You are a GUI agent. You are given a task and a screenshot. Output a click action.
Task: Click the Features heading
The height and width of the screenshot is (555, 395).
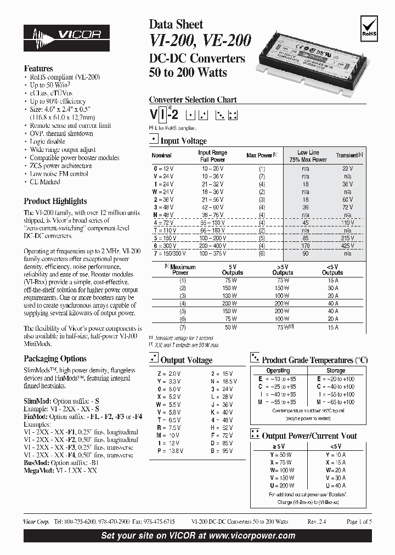38,69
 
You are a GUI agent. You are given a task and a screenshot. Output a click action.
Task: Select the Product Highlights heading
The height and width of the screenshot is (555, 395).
55,201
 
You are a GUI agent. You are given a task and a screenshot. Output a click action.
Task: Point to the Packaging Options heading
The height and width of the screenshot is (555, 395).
55,359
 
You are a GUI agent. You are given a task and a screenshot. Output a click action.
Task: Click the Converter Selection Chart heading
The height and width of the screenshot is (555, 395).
193,100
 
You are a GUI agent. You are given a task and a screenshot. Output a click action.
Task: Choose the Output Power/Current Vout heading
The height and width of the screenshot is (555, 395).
309,436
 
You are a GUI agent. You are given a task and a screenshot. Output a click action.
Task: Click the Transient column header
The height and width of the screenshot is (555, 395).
347,156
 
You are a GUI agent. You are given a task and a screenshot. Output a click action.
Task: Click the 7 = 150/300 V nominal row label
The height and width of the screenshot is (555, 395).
169,254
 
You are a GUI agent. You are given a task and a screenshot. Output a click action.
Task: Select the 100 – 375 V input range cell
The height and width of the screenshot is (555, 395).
212,254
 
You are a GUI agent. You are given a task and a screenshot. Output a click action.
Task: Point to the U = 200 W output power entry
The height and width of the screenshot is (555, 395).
278,486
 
